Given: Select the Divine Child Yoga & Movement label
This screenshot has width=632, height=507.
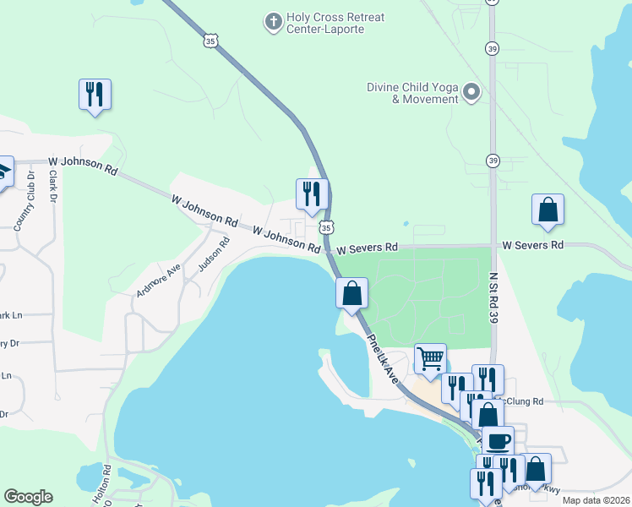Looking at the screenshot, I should tap(412, 93).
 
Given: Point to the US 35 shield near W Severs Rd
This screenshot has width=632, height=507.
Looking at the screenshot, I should tap(326, 226).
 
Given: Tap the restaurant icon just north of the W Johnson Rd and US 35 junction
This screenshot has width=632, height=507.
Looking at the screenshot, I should tap(311, 194).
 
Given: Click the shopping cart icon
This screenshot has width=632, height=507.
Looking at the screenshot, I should tap(430, 357).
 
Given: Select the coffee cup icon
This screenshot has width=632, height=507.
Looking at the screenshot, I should tap(499, 440).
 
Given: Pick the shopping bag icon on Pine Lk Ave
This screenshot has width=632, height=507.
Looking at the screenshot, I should tap(351, 293).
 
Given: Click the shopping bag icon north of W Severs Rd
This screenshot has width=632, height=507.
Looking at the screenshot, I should tap(548, 210).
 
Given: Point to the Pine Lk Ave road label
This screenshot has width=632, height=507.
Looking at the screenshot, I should tap(383, 360).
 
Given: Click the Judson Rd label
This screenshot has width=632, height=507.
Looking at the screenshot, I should tap(214, 254).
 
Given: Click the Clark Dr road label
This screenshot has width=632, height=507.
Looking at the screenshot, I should tap(52, 187).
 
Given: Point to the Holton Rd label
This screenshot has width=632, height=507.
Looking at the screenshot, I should tap(102, 485).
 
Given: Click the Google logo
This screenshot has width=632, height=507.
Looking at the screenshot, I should tap(28, 497).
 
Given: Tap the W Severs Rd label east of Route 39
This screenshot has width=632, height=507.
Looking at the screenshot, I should tap(532, 245).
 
